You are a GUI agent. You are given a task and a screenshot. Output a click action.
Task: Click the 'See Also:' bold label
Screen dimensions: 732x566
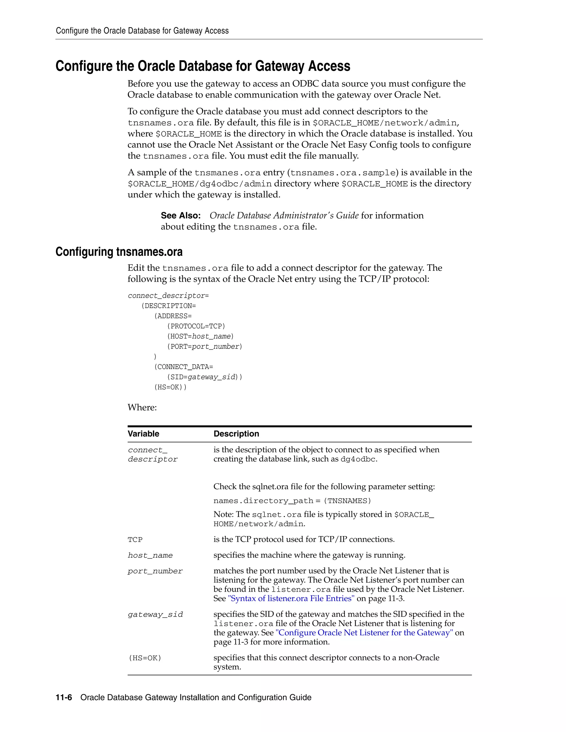click(180, 215)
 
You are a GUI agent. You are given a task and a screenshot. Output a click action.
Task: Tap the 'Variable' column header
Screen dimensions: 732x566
click(143, 434)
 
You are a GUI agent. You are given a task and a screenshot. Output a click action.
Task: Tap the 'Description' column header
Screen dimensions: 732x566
click(236, 434)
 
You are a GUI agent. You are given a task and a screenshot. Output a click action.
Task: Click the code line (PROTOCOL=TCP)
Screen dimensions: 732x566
click(196, 326)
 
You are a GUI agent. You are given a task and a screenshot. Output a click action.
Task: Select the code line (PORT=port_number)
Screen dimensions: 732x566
click(204, 347)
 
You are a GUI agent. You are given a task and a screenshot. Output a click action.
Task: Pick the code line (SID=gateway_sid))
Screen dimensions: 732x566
click(204, 377)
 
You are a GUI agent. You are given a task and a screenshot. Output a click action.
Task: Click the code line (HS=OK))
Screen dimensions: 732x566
click(170, 387)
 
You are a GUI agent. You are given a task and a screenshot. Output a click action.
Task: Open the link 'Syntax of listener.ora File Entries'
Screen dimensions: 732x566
click(291, 599)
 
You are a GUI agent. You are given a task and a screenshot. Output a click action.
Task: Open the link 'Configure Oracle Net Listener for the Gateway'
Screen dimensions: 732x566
click(364, 633)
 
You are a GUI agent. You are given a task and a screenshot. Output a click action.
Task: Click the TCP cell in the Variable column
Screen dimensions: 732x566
click(135, 540)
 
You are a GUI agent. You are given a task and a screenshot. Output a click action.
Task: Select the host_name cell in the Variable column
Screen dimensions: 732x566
click(150, 555)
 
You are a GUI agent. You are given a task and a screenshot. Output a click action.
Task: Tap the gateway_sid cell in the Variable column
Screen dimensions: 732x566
click(155, 614)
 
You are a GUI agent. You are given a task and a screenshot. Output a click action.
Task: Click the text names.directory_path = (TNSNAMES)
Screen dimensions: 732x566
click(292, 501)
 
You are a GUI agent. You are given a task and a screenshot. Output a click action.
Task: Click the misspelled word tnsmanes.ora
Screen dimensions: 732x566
click(227, 173)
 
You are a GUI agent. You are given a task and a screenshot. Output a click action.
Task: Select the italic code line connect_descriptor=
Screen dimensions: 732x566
click(168, 296)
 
